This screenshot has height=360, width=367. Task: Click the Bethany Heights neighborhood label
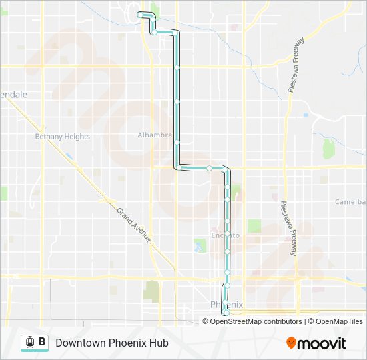pos(62,137)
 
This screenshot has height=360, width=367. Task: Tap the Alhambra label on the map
pos(155,135)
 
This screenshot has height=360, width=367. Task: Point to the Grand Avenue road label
pos(134,224)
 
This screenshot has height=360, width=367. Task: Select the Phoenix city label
pos(227,304)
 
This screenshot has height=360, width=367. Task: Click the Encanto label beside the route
pos(225,235)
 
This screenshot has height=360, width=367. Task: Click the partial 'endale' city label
pos(14,95)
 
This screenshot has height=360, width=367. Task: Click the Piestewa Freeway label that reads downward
pos(288,229)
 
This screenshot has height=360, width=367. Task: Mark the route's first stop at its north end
pos(139,14)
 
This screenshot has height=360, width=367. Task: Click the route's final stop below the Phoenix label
pos(226,312)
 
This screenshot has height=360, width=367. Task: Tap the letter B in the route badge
pos(42,342)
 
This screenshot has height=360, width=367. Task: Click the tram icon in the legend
pos(29,343)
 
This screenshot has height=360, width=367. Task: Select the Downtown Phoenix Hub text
pos(112,343)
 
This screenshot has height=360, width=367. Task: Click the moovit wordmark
pos(322,343)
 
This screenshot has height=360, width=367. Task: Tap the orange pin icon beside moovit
pos(291,343)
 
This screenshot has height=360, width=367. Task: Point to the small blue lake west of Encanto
pos(198,249)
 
